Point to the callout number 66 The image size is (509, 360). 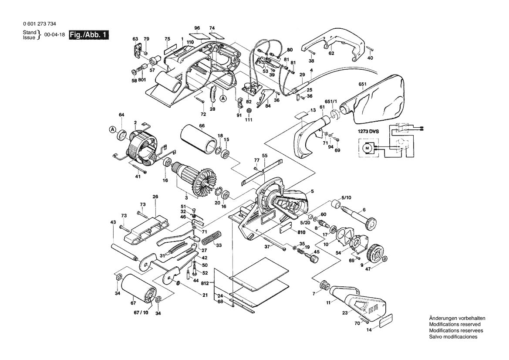(x=202, y=126)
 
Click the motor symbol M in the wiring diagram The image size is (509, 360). (x=366, y=148)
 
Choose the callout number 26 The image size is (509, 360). (x=155, y=197)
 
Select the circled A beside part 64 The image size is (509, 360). (x=113, y=129)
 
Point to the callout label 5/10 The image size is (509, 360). (x=347, y=198)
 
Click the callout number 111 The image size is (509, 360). (x=249, y=120)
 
